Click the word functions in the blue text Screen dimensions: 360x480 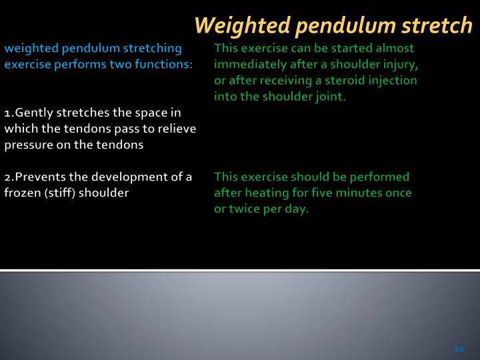click(x=165, y=65)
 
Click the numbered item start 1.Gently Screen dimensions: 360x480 click(x=27, y=113)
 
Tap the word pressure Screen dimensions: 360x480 click(x=27, y=145)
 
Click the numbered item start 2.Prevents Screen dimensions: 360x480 click(x=31, y=177)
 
